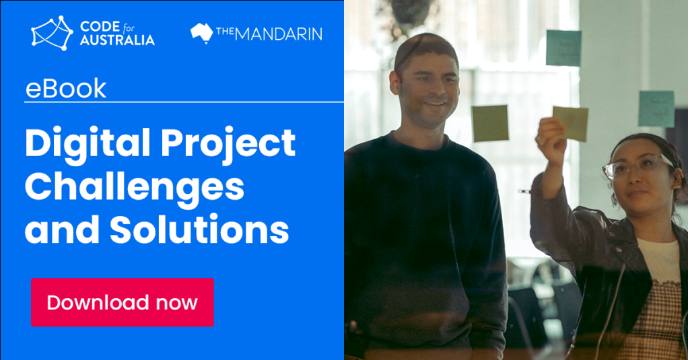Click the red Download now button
coord(122,302)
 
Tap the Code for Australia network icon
coord(52,33)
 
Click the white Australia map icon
coord(201,34)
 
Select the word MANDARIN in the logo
coord(279,34)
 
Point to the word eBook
coord(66,89)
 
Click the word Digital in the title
coord(88,143)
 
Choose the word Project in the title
coord(228,143)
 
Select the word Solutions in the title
coord(199,229)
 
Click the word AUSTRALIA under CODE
coord(117,40)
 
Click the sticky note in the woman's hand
coord(570,123)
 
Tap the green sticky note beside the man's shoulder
coord(490,123)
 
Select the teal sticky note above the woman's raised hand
coord(564,48)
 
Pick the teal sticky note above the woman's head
coord(656,109)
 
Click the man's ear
coord(395,83)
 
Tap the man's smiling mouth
coord(436,104)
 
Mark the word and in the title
coord(62,229)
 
